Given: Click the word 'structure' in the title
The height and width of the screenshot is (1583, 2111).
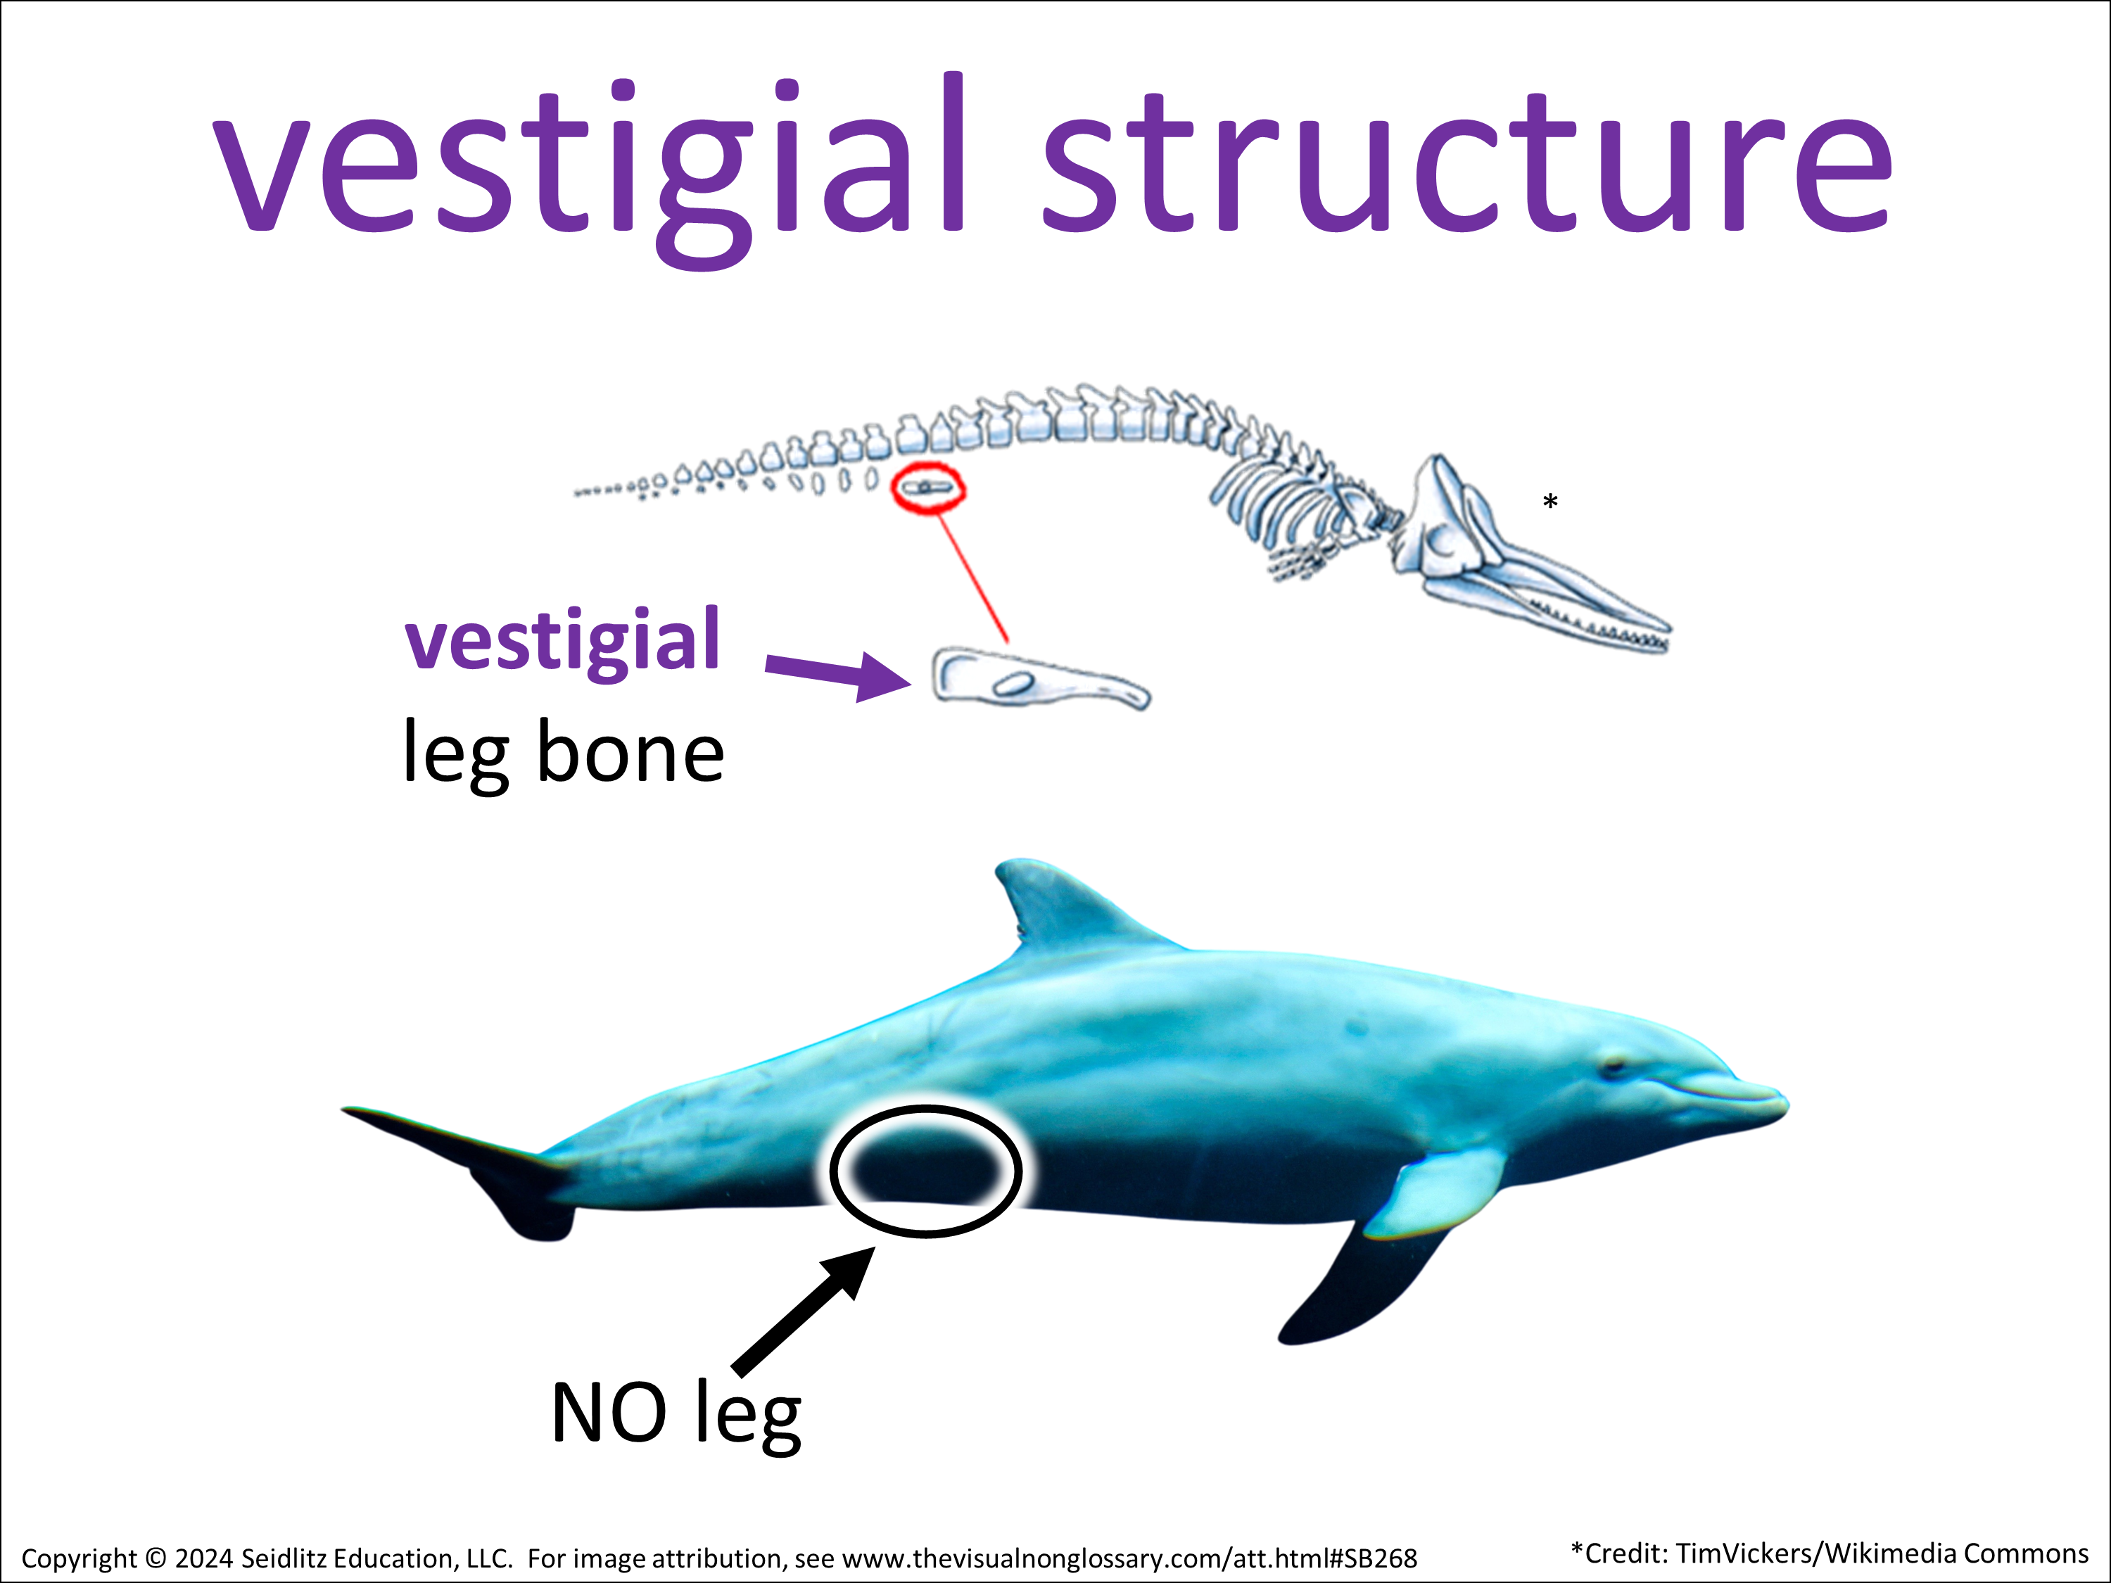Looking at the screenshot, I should [1466, 163].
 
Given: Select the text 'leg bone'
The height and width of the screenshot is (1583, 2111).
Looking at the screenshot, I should [563, 754].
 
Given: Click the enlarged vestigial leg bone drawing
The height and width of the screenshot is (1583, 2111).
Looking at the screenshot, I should [1039, 678].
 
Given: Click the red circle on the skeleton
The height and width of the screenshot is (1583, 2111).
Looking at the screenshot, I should [927, 488].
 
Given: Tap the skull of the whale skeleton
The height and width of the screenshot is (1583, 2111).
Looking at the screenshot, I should [1489, 544].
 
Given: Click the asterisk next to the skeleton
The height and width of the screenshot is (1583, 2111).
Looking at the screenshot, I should [1550, 502].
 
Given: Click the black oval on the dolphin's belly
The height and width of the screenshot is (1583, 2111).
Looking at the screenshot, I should [926, 1171].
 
